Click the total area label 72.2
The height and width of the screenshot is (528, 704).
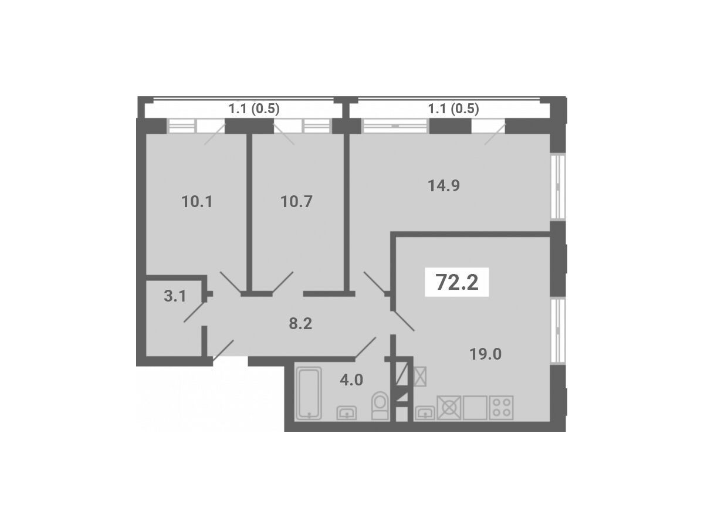click(456, 282)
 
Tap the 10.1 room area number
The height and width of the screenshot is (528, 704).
click(197, 202)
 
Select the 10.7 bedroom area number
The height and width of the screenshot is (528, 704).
click(296, 202)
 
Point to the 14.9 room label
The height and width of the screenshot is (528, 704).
click(444, 185)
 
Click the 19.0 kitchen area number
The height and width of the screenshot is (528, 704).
click(485, 354)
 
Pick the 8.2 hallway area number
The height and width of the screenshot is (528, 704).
click(300, 324)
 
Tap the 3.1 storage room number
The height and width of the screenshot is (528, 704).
click(175, 296)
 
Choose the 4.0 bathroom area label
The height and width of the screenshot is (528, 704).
click(351, 380)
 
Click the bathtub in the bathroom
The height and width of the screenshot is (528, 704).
click(309, 393)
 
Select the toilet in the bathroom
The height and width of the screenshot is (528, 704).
click(380, 405)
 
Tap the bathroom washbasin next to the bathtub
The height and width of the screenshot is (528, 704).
click(346, 412)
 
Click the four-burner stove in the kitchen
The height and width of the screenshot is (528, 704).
click(501, 408)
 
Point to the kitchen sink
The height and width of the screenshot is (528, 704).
click(425, 412)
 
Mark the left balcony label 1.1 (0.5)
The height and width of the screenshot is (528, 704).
click(254, 109)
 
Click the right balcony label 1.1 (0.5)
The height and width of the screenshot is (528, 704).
click(453, 109)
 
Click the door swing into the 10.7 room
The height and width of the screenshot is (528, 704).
click(283, 282)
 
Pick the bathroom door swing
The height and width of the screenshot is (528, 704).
click(365, 347)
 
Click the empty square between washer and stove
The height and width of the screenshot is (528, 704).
click(475, 408)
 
